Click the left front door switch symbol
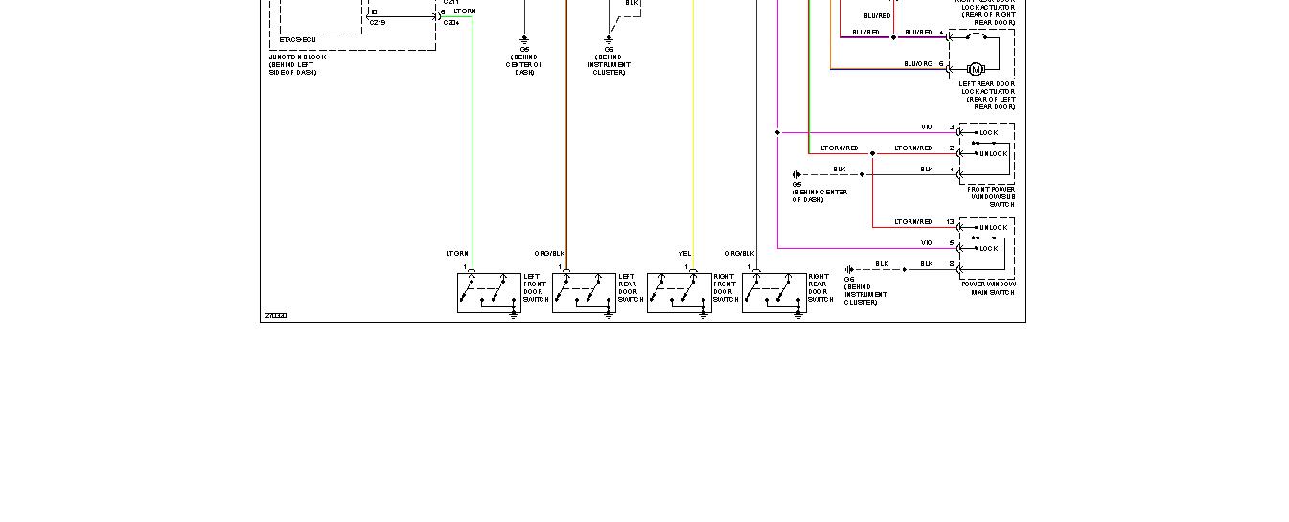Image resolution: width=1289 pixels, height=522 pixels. coord(488,292)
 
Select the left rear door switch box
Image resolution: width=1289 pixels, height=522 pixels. coord(583,292)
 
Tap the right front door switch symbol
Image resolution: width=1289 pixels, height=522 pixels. coord(679,292)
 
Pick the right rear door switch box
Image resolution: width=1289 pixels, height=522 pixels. coord(773,292)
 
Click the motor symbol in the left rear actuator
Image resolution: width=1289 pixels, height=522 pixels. coord(977,69)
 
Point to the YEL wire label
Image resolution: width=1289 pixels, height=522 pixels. coord(684,254)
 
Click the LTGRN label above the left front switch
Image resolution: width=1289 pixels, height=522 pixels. coord(457,254)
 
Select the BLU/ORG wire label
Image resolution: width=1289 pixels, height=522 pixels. coord(918,64)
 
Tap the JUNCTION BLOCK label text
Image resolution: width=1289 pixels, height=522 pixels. coord(297,57)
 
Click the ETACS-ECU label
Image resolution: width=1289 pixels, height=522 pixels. coord(297,39)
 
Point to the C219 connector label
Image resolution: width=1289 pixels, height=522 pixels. coord(378,22)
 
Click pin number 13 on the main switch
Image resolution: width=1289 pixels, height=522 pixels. coord(950,222)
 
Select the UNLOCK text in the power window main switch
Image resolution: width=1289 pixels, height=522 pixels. coord(993,228)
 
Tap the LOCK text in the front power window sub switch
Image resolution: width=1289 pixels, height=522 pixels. coord(988,133)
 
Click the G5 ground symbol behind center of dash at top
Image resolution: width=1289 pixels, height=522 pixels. coord(524,40)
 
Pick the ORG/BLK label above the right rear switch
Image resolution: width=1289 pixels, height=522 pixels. coord(740,254)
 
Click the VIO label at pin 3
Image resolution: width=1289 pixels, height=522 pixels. coord(926,127)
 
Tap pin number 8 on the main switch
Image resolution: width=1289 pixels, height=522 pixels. coord(951,263)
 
